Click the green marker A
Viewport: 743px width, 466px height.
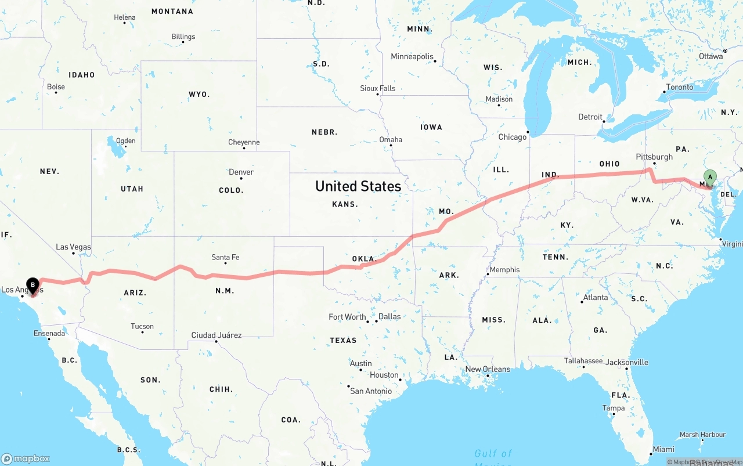[709, 178]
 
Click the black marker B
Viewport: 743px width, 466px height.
[33, 285]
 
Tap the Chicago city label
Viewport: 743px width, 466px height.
[512, 137]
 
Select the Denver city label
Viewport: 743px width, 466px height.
[241, 172]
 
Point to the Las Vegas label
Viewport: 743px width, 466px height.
[73, 247]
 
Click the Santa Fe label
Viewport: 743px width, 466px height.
[225, 257]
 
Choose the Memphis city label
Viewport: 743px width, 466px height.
[504, 270]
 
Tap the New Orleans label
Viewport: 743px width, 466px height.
[488, 369]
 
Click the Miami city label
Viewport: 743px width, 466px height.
[663, 449]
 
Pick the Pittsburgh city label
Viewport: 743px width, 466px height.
[654, 157]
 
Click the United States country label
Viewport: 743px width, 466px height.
[358, 186]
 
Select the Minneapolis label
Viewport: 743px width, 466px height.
[412, 57]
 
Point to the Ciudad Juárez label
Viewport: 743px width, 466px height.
[217, 335]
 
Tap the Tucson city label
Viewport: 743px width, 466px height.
[142, 326]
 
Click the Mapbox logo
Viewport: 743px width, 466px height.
[26, 458]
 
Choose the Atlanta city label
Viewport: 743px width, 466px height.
[596, 298]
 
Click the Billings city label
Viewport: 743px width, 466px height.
[183, 37]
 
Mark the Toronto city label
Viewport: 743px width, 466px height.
[679, 87]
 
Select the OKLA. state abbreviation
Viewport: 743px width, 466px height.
[365, 259]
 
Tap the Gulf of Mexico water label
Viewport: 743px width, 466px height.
[493, 454]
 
